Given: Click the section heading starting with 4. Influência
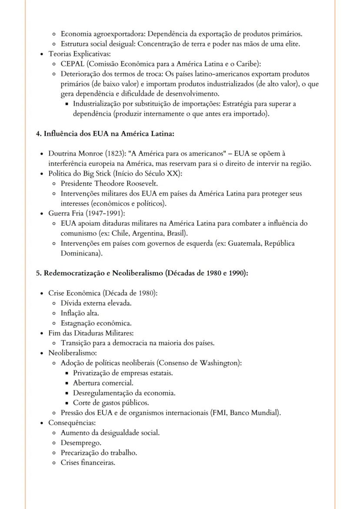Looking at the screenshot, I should coord(105,133).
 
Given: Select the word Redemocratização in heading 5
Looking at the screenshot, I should coord(77,273).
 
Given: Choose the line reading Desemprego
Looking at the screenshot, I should coord(81,443).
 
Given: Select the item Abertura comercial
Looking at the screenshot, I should coord(103,383).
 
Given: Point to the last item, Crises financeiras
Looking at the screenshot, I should coord(88,463).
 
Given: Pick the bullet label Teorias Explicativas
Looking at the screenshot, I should coord(80,54).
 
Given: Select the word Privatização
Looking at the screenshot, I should coord(92,373).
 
